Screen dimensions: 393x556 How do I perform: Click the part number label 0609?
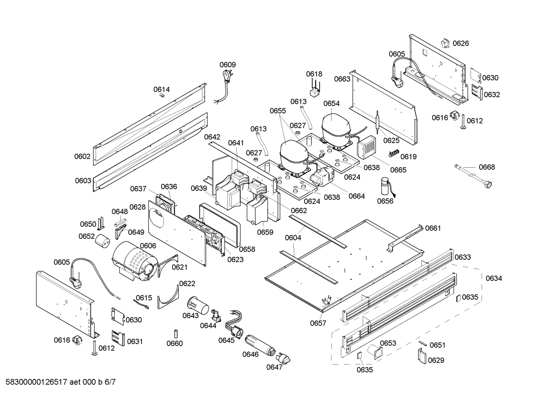227,65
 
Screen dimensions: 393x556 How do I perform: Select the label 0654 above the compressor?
331,103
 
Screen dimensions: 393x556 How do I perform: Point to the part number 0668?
487,167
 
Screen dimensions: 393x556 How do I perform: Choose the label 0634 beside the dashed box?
494,278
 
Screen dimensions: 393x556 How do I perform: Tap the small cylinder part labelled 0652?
103,241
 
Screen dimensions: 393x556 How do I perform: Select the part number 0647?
274,367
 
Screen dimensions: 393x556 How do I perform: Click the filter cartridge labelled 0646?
259,344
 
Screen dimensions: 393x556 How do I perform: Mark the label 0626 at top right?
461,43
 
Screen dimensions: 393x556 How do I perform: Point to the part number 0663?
342,79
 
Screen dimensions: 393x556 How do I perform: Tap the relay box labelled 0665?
367,147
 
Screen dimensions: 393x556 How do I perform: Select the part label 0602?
83,157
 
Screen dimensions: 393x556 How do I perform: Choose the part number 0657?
318,323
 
